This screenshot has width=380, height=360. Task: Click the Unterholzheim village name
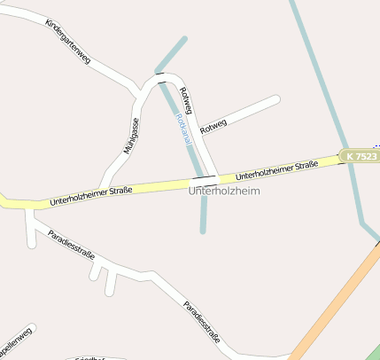225,191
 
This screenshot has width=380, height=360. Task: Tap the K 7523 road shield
361,156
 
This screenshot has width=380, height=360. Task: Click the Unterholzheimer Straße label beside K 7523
277,168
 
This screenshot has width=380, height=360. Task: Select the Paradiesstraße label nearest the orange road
202,321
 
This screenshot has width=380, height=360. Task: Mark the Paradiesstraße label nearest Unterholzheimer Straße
72,245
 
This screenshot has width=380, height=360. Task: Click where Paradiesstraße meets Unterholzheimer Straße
30,209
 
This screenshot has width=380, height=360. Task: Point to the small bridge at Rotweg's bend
161,78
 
